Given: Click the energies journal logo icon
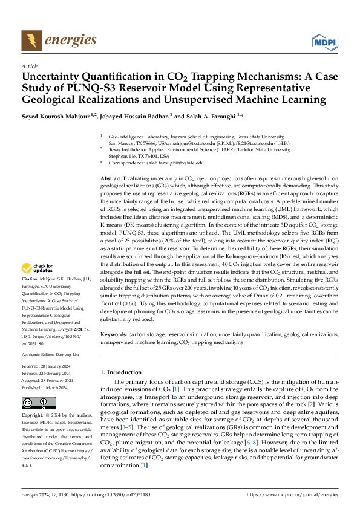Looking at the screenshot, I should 31,41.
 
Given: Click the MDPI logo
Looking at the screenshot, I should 325,42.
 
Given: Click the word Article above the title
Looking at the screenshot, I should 30,66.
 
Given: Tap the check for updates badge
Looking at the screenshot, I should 39,267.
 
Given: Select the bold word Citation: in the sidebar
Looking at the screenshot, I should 30,279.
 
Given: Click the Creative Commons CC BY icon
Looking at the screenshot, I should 39,403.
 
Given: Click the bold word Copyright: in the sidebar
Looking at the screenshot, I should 33,416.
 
